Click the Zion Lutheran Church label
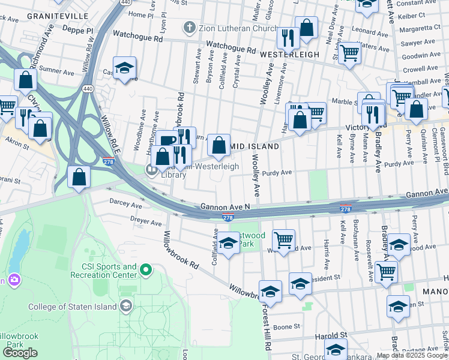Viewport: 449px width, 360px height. pyautogui.click(x=229, y=27)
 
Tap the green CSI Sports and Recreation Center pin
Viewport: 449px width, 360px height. pyautogui.click(x=145, y=271)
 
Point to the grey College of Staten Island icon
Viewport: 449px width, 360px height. pyautogui.click(x=125, y=307)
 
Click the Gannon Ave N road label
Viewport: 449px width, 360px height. pyautogui.click(x=225, y=206)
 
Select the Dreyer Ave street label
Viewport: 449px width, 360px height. pyautogui.click(x=146, y=223)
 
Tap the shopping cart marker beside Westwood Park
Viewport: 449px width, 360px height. pyautogui.click(x=283, y=240)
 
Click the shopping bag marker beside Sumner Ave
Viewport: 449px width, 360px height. pyautogui.click(x=25, y=79)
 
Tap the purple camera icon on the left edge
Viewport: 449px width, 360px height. pyautogui.click(x=13, y=280)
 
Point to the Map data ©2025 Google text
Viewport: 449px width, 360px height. pyautogui.click(x=411, y=355)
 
